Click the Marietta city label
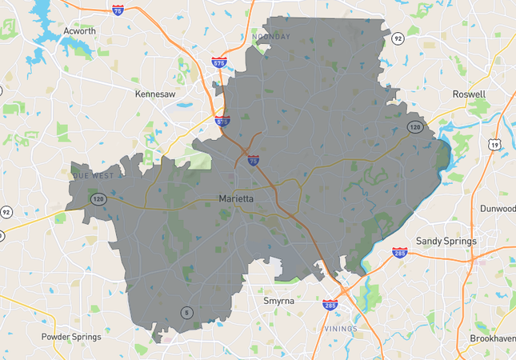(238, 198)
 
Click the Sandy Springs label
(446, 240)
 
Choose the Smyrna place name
(280, 301)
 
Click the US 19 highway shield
(497, 145)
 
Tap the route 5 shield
(186, 311)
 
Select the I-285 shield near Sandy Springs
(399, 253)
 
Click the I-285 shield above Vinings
(330, 304)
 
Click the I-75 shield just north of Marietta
(253, 160)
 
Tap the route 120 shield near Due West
(98, 198)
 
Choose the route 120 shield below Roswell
(414, 127)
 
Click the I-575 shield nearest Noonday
(220, 62)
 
